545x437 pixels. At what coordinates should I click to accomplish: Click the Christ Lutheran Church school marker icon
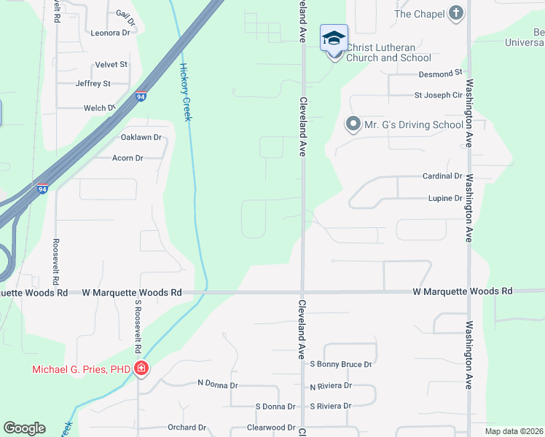coord(334,38)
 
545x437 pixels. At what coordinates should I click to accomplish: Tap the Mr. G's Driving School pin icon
coord(353,125)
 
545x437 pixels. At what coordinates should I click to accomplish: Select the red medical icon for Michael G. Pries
coord(141,369)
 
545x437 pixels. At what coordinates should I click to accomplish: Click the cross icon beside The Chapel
coord(456,14)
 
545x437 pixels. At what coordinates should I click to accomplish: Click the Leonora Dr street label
coord(110,33)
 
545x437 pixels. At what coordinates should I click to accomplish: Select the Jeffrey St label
coord(93,84)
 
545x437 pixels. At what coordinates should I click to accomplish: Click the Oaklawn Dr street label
coord(141,138)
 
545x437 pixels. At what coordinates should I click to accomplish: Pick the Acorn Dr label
coord(128,157)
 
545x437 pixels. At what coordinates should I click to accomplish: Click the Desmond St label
coord(441,74)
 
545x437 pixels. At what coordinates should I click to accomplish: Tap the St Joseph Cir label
coord(438,95)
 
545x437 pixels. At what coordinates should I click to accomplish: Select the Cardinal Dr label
coord(442,176)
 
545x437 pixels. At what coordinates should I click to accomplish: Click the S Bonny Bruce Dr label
coord(341,363)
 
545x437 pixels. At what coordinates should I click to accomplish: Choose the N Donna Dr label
coord(217,383)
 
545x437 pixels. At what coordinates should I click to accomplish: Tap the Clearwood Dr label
coord(270,428)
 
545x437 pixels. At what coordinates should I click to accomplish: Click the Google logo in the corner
coord(24,428)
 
